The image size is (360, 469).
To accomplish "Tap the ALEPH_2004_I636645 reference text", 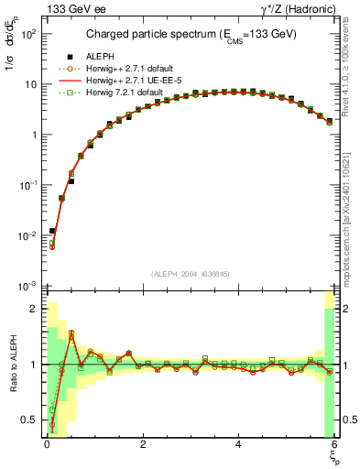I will (190, 274).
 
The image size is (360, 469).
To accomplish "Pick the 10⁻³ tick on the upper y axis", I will (28, 286).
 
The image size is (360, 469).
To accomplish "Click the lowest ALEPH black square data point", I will (52, 231).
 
